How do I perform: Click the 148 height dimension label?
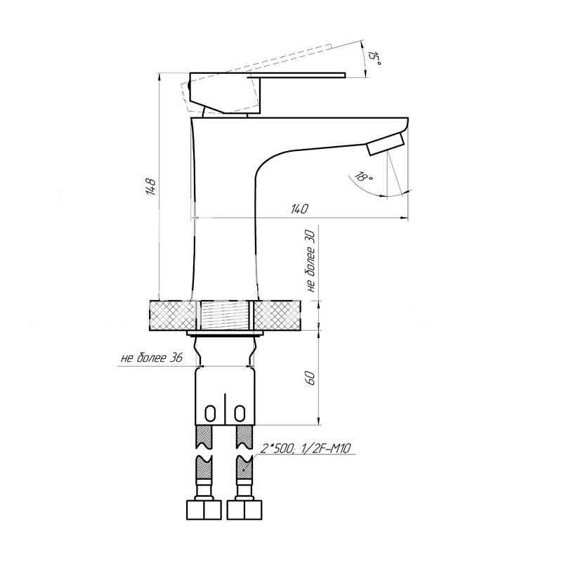[150, 186]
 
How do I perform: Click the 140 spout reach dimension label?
[299, 209]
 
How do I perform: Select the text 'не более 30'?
[311, 261]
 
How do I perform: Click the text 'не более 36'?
[152, 358]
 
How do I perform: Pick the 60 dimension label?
[311, 378]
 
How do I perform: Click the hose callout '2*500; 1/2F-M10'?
[306, 448]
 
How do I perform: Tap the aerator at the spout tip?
[386, 143]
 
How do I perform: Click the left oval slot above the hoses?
[210, 413]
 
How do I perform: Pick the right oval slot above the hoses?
[240, 413]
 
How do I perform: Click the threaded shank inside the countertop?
[225, 315]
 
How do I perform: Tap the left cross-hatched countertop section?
[173, 315]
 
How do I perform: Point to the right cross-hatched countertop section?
[277, 315]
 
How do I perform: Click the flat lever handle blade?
[296, 75]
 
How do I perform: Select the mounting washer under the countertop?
[225, 334]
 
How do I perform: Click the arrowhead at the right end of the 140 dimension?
[405, 218]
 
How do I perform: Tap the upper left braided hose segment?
[204, 436]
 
